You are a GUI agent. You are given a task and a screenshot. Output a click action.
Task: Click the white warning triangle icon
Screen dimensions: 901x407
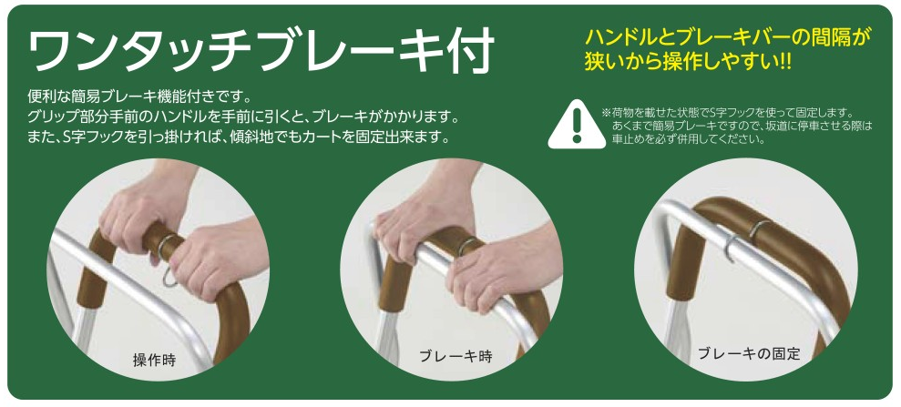577,125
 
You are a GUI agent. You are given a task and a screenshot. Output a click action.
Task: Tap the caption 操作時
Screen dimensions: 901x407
154,361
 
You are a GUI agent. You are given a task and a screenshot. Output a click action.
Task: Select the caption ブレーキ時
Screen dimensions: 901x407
456,356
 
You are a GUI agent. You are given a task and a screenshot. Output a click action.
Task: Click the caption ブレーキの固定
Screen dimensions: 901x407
749,352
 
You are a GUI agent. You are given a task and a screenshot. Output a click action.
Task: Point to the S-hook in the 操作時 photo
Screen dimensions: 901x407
166,259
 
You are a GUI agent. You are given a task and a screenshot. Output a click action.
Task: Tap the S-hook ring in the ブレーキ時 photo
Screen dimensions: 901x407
466,247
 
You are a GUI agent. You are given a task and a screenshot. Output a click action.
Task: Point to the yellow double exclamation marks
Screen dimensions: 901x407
785,61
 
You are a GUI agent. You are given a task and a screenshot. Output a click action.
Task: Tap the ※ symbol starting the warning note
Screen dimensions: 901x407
606,112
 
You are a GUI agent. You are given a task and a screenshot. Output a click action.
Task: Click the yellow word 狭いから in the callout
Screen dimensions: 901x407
621,61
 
